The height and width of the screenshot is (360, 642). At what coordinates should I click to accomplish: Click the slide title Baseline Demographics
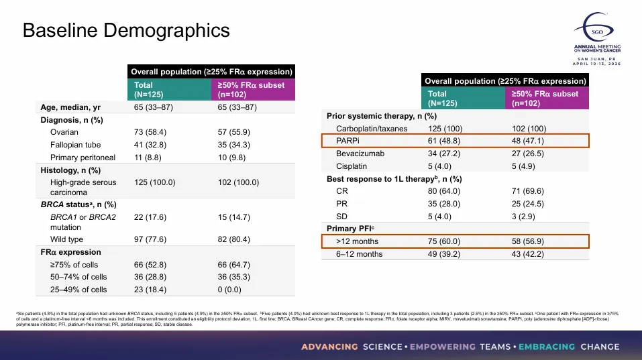pos(126,30)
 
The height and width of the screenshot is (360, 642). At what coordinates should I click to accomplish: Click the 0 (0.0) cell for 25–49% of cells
pos(231,290)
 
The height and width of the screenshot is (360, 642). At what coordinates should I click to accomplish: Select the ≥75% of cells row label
pos(78,265)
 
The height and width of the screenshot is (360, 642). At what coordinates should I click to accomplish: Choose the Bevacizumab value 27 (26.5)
pos(528,154)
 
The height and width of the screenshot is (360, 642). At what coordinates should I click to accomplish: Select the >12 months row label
pos(357,241)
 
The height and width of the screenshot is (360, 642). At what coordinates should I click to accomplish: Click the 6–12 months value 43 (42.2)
pos(528,254)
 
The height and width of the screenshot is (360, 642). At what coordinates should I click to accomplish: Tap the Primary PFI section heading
pos(352,229)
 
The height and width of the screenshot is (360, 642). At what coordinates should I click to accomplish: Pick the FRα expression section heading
pos(71,252)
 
